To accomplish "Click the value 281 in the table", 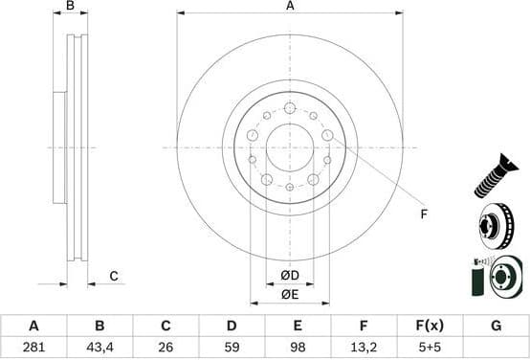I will (33, 347).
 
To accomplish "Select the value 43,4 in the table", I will (99, 347).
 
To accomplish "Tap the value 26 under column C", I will (166, 347).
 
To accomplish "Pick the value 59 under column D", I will (232, 347).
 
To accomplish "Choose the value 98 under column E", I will (298, 347).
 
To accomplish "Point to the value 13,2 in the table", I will (364, 347).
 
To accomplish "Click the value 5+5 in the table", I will (430, 347).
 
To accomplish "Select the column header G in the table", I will (496, 326).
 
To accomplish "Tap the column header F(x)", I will (430, 326).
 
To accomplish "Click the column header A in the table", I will (33, 326).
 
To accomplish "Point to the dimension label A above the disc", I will (290, 7).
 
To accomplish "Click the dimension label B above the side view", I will (70, 7).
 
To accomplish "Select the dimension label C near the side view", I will (113, 277).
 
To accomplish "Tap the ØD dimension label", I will (290, 277).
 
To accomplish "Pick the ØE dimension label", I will (290, 295).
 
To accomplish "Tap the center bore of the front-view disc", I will (290, 147).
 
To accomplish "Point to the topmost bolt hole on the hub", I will (290, 108).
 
